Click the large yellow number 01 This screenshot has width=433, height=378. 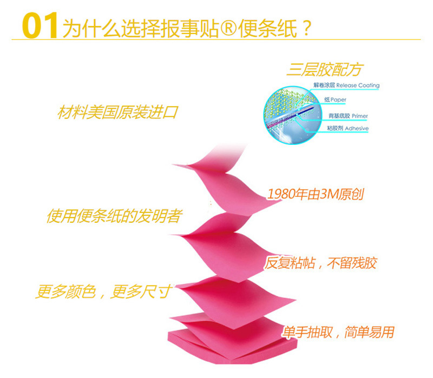coord(40,25)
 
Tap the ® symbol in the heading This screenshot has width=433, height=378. coord(228,29)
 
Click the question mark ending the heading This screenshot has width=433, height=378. coord(307,28)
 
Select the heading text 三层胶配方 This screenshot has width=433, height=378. coord(324,69)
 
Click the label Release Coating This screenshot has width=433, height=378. coord(358,85)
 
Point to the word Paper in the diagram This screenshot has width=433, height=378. coord(338,100)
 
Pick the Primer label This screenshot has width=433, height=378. coord(360,116)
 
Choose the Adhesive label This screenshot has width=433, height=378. coord(357,128)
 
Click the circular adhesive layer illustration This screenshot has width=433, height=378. coord(293,115)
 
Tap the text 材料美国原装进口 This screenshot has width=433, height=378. coord(117,112)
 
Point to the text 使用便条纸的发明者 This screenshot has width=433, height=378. coord(115,216)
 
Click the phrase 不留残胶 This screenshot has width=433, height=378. coord(352,263)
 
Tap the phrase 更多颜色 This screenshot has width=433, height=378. coord(66,291)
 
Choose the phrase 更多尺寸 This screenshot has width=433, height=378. coord(141,291)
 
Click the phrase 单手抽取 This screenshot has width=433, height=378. coord(307,332)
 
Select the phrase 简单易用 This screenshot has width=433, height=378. coord(369,332)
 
